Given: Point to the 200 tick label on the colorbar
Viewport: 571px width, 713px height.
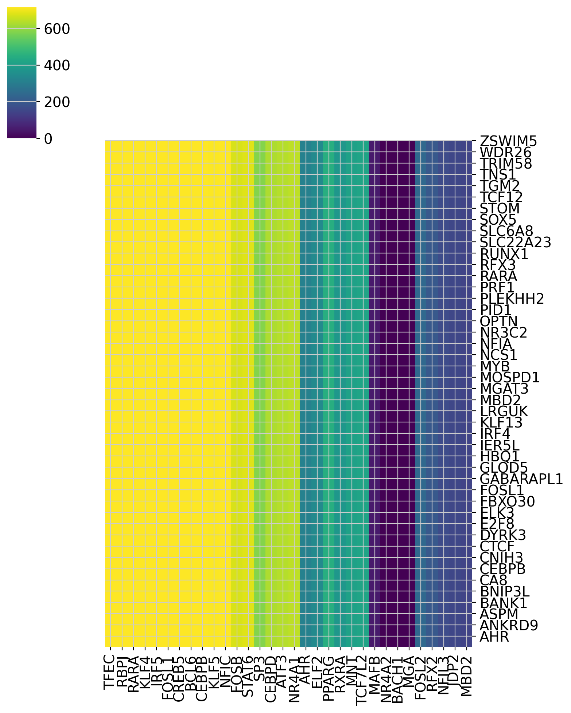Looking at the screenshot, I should click(x=57, y=102).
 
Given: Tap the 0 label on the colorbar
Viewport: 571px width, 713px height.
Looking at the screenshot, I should click(x=48, y=139).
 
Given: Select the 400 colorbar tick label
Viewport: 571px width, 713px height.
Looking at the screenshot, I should click(x=57, y=66).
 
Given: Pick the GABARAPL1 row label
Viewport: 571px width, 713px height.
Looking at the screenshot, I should click(x=521, y=479).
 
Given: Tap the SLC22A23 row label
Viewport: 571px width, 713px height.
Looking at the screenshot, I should click(x=515, y=242).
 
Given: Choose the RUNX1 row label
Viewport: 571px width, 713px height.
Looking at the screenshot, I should click(x=504, y=254).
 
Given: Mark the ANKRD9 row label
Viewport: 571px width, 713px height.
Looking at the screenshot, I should click(x=509, y=626).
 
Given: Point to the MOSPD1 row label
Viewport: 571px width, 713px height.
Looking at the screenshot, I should click(x=509, y=378).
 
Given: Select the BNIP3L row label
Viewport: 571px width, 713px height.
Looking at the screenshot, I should click(x=504, y=592).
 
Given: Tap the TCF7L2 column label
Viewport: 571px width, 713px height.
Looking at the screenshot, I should click(x=362, y=680).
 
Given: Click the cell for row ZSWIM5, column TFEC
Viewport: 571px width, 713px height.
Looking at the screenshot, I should click(x=110, y=146).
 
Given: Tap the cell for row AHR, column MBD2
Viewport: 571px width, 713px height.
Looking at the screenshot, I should click(x=466, y=637).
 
